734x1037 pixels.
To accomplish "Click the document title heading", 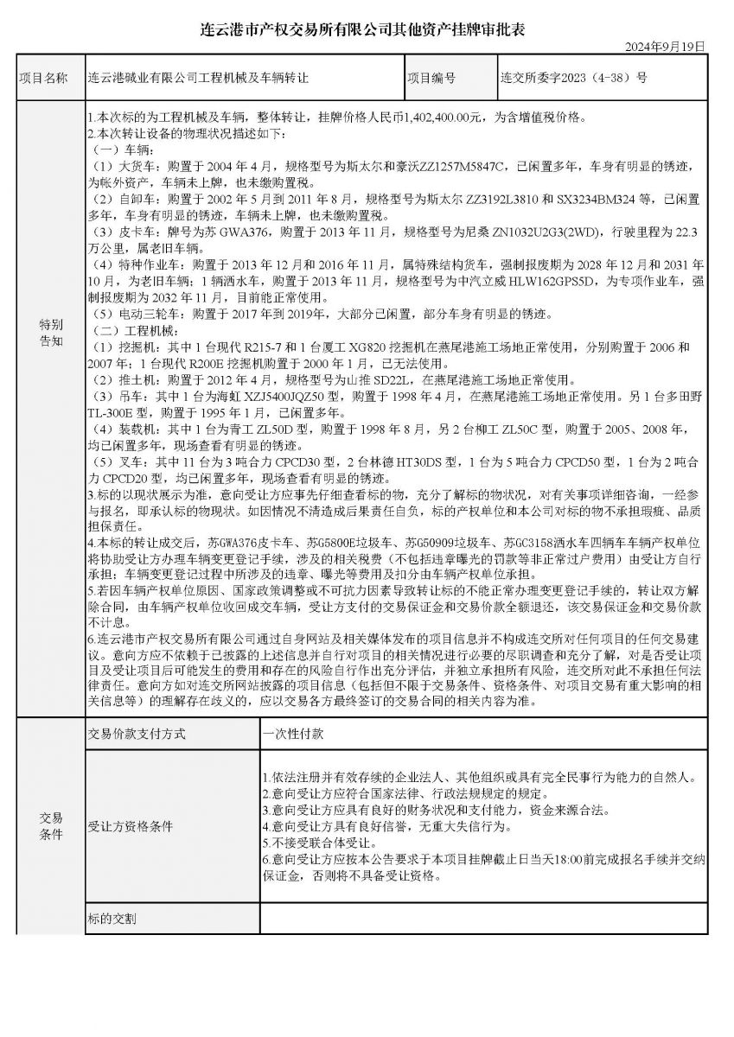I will point(367,29).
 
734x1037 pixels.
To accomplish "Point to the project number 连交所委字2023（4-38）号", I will point(573,78).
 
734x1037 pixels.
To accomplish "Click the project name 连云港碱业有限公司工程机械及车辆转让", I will point(198,78).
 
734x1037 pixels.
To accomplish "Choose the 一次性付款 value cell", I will point(293,735).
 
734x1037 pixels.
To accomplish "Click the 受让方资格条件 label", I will point(131,825).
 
